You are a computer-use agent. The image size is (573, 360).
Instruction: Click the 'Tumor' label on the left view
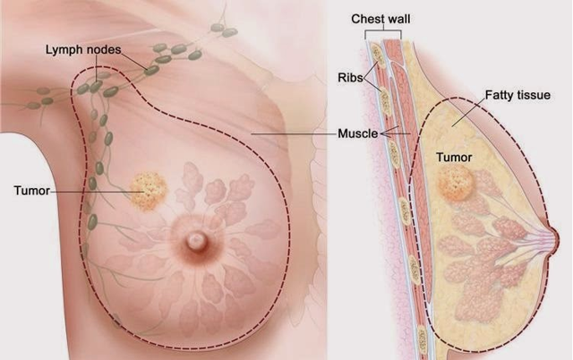click(x=30, y=190)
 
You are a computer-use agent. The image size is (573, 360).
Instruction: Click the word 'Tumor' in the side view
click(x=453, y=158)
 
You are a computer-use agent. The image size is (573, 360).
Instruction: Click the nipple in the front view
click(x=194, y=240)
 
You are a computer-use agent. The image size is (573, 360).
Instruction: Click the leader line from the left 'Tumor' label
click(x=90, y=190)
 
